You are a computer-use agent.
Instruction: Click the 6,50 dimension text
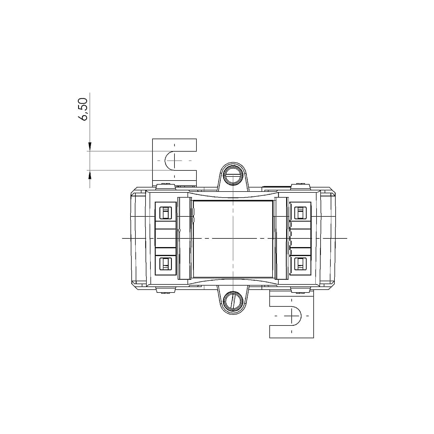point(83,110)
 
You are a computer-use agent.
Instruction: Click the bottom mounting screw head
point(233,300)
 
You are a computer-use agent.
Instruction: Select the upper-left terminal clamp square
point(166,213)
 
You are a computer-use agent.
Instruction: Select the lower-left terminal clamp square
point(166,264)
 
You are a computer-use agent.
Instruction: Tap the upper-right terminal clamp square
point(300,213)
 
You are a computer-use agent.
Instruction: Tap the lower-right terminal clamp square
point(300,264)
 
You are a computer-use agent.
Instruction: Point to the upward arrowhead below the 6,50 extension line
point(90,174)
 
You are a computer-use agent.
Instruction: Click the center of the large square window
point(233,238)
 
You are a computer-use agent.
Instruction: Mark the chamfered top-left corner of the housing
point(133,191)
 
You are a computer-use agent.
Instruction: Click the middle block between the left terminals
point(166,238)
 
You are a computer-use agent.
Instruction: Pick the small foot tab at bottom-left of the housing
point(166,290)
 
